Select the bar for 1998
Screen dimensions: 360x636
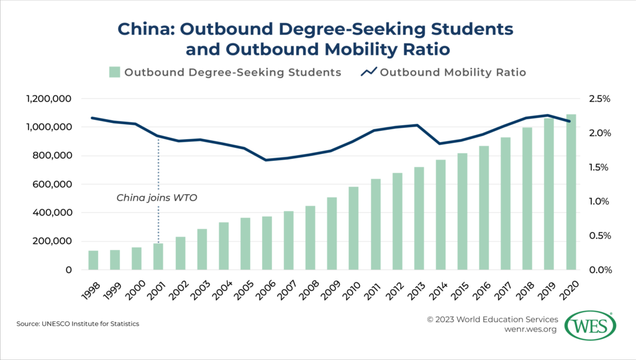pos(93,260)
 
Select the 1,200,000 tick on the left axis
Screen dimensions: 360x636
pos(49,99)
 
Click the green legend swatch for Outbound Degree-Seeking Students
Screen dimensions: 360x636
pos(114,72)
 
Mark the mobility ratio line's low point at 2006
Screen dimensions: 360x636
pos(266,160)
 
